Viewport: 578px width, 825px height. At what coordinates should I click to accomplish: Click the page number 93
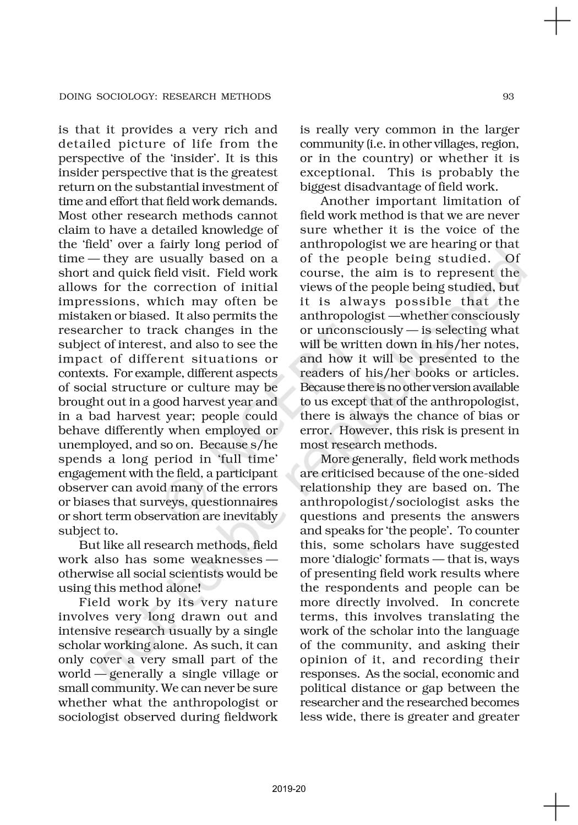pos(508,97)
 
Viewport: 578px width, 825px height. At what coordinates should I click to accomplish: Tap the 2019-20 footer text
pos(289,789)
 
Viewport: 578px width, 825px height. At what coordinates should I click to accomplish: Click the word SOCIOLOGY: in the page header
pos(116,97)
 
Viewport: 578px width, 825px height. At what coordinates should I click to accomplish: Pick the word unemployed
pos(88,445)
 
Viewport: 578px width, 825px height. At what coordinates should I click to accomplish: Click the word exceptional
pos(336,173)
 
